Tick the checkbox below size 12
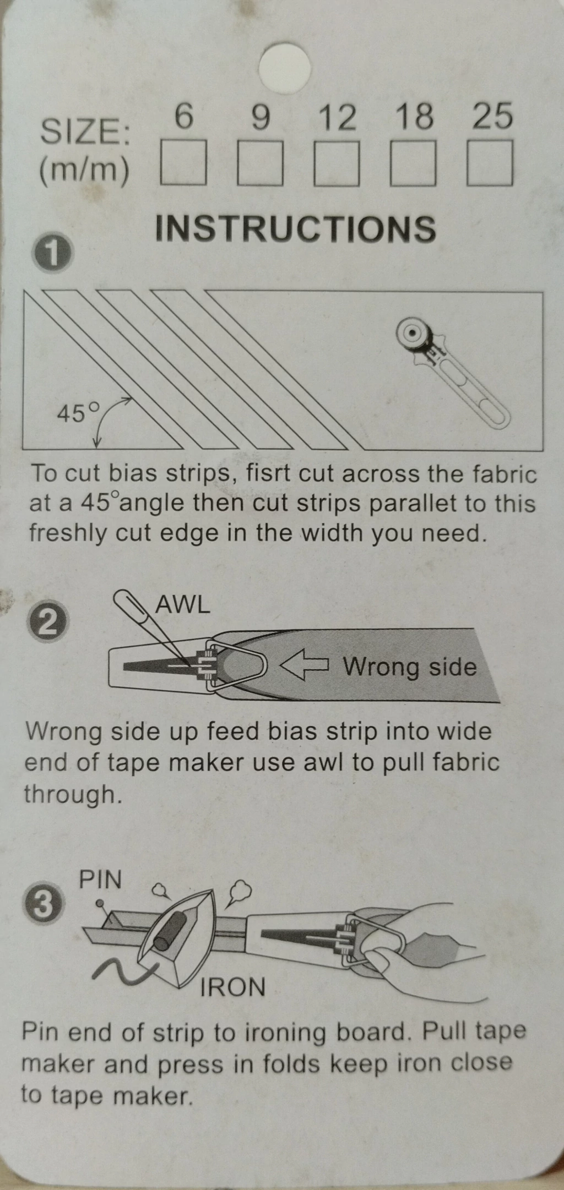point(337,163)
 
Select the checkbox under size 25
point(490,163)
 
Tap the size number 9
point(261,117)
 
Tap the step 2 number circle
point(47,623)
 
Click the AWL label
point(183,605)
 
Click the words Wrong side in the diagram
point(410,667)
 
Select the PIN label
point(100,880)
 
